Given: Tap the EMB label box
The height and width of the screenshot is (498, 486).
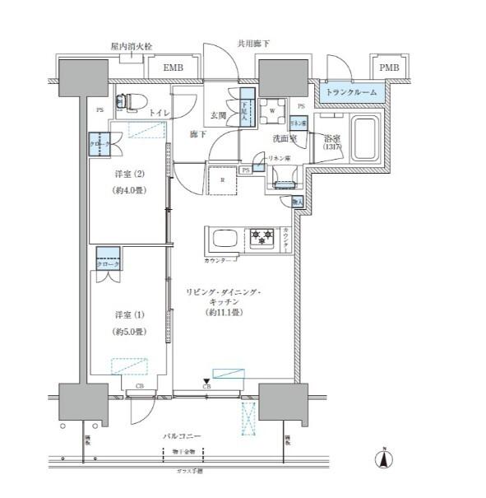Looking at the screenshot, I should click(x=173, y=67).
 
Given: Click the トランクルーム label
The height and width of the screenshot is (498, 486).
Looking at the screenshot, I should click(x=352, y=92).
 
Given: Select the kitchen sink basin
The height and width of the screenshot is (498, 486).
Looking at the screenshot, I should click(x=224, y=240).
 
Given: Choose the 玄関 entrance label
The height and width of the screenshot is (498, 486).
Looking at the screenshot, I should click(x=219, y=115).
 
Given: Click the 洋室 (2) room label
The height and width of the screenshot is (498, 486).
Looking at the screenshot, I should click(x=128, y=175).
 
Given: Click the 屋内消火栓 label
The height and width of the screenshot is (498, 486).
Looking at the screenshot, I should click(x=126, y=47).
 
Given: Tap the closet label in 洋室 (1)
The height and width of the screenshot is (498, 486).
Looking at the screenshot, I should click(x=109, y=264).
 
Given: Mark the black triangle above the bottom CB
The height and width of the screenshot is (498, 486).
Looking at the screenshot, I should click(x=206, y=379).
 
